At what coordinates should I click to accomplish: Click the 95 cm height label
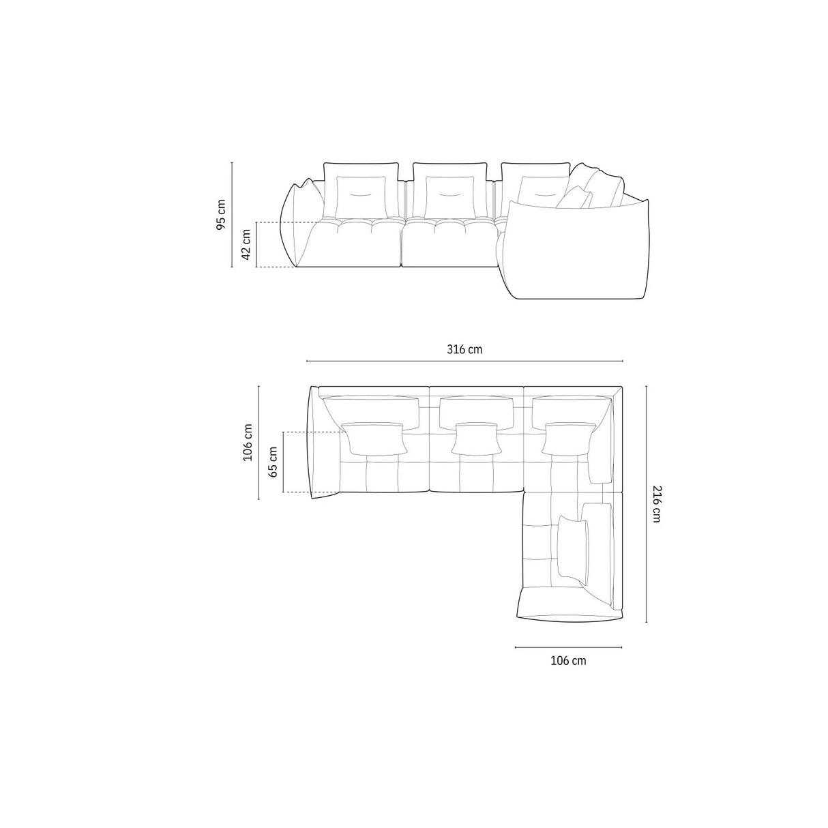[x=220, y=214]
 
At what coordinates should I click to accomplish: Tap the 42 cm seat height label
[x=246, y=244]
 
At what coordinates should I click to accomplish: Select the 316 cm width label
[x=464, y=349]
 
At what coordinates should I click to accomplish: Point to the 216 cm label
[x=655, y=503]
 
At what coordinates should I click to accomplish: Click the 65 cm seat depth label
[x=273, y=462]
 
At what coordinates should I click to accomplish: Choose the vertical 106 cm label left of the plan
[x=248, y=441]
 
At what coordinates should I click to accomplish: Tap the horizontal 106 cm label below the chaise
[x=567, y=660]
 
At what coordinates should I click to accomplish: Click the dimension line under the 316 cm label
[x=464, y=361]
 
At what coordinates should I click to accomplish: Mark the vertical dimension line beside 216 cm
[x=645, y=503]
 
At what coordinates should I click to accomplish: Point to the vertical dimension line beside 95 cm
[x=232, y=214]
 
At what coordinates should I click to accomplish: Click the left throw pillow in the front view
[x=360, y=196]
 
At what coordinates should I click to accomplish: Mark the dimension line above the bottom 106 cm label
[x=568, y=647]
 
